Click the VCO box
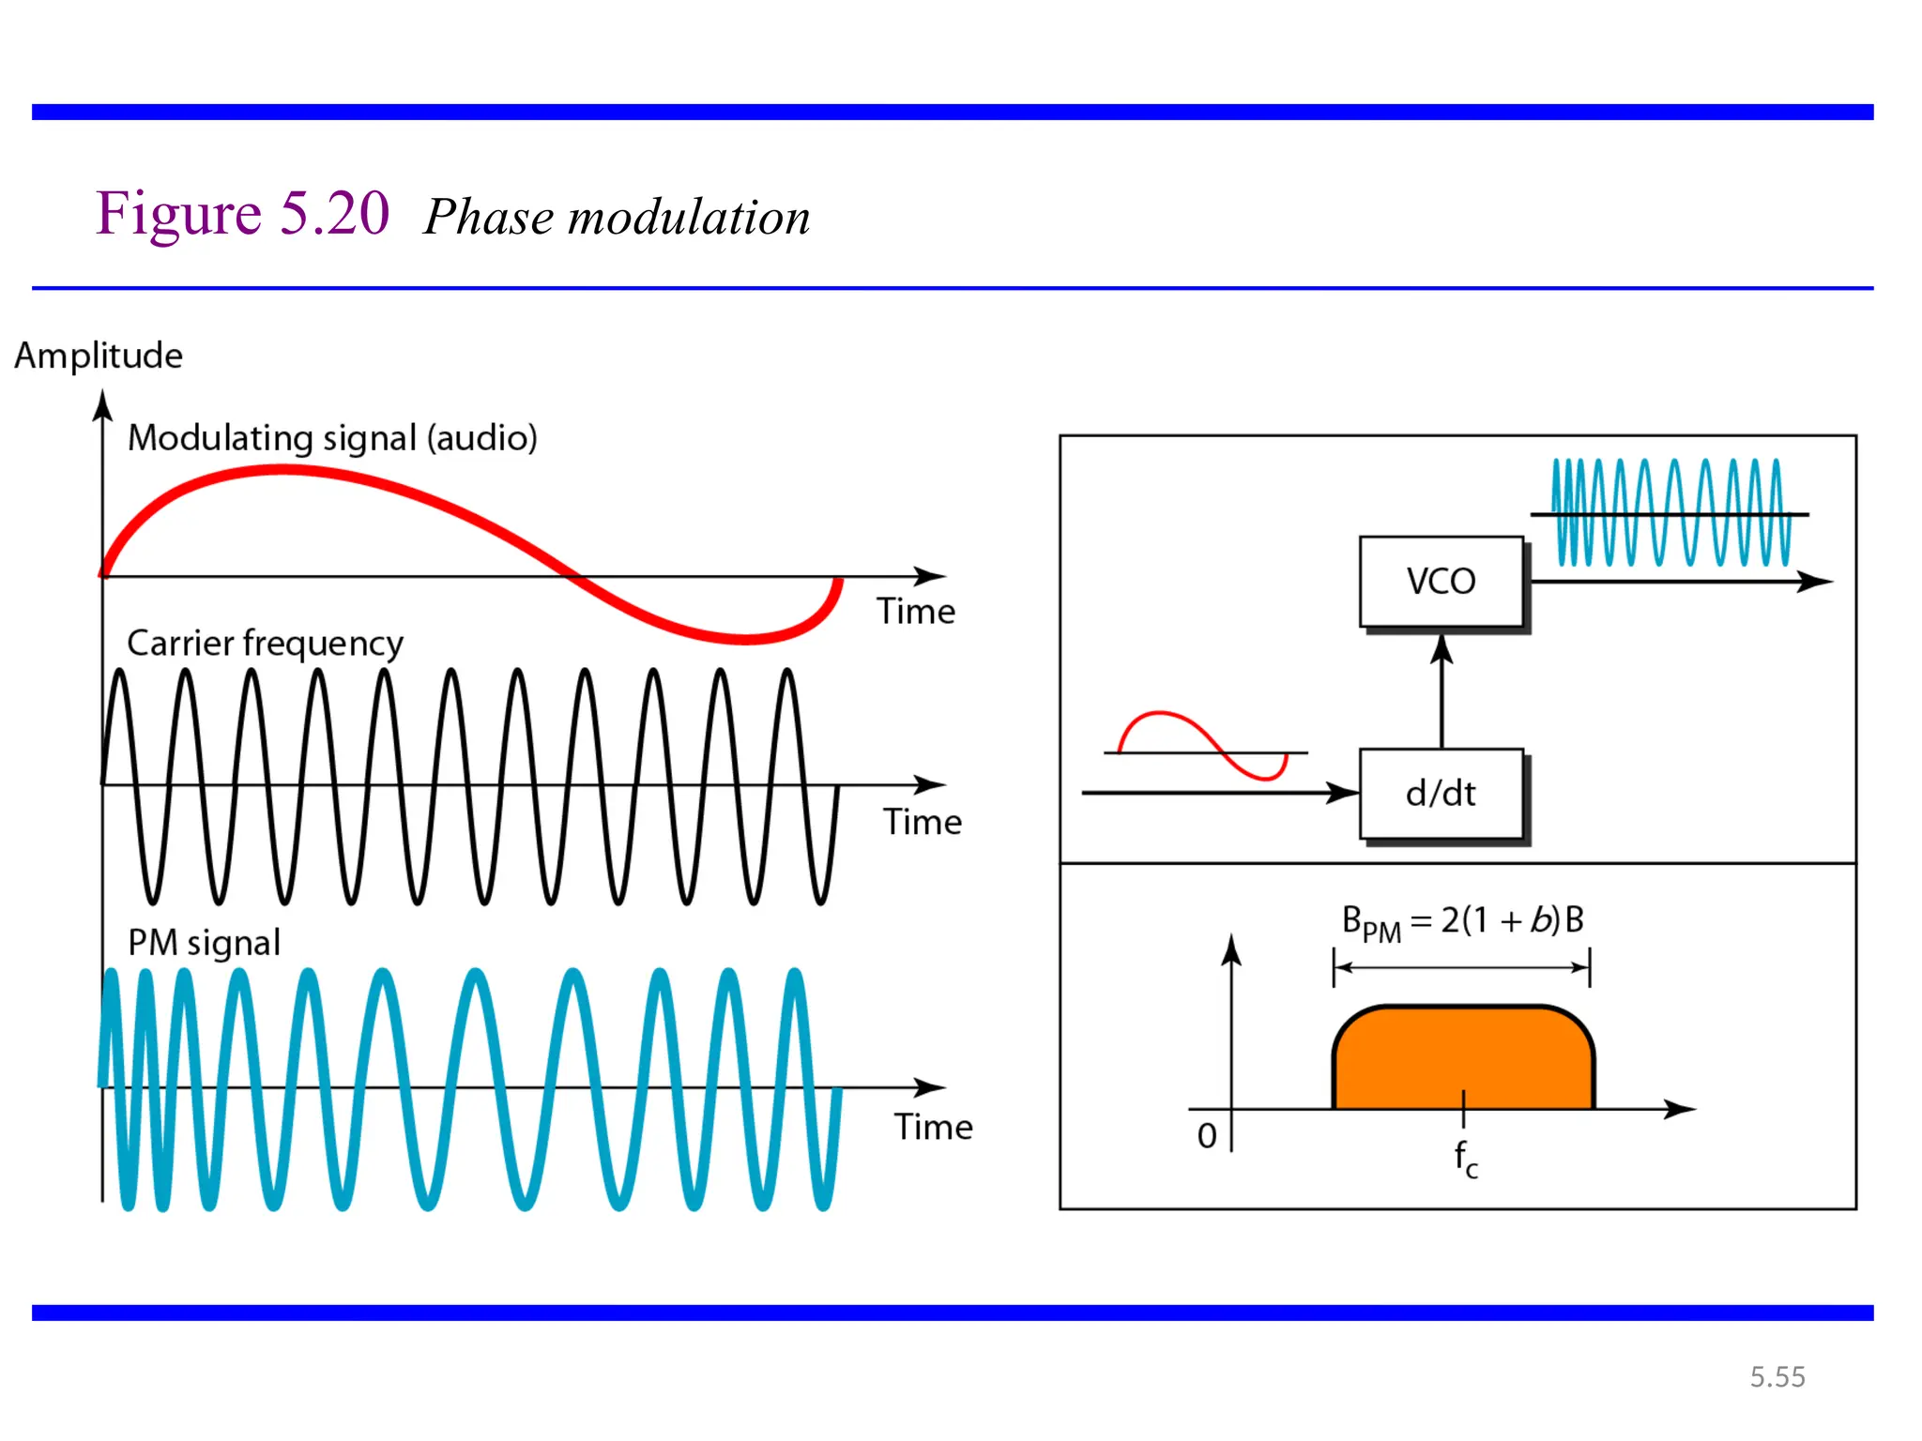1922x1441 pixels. click(1441, 582)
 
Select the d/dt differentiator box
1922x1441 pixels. click(1441, 794)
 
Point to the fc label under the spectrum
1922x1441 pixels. click(1465, 1159)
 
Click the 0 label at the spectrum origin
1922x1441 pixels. click(1207, 1136)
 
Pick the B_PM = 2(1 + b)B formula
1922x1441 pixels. click(1462, 921)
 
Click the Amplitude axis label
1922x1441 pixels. click(99, 356)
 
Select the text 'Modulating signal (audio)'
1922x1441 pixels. click(332, 438)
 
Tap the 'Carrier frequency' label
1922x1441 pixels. click(265, 644)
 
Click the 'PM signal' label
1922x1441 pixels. click(204, 943)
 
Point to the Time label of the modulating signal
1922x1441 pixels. click(916, 612)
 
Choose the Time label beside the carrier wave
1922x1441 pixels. click(923, 823)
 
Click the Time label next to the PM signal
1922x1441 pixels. click(933, 1127)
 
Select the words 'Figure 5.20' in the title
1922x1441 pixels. click(242, 214)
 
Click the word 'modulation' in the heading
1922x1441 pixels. click(689, 218)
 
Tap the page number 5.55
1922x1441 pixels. click(1777, 1376)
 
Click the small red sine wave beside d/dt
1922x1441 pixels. click(1202, 746)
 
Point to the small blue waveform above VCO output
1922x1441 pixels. click(1670, 512)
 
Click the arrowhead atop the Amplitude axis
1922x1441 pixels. click(103, 406)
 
